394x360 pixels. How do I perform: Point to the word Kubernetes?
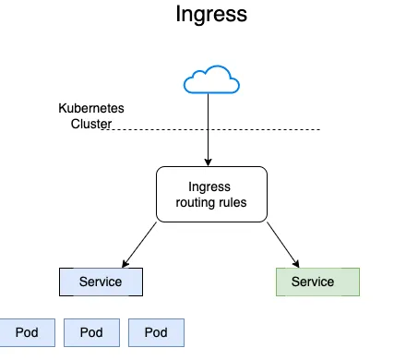91,108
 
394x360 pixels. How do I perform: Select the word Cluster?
91,125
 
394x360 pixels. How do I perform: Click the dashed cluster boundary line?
268,129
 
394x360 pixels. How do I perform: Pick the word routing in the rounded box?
195,203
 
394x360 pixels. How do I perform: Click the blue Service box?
102,282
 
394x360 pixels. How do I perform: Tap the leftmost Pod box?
27,332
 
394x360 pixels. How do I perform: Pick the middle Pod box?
91,332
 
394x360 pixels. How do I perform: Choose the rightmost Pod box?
156,332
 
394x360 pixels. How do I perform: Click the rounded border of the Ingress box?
156,195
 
